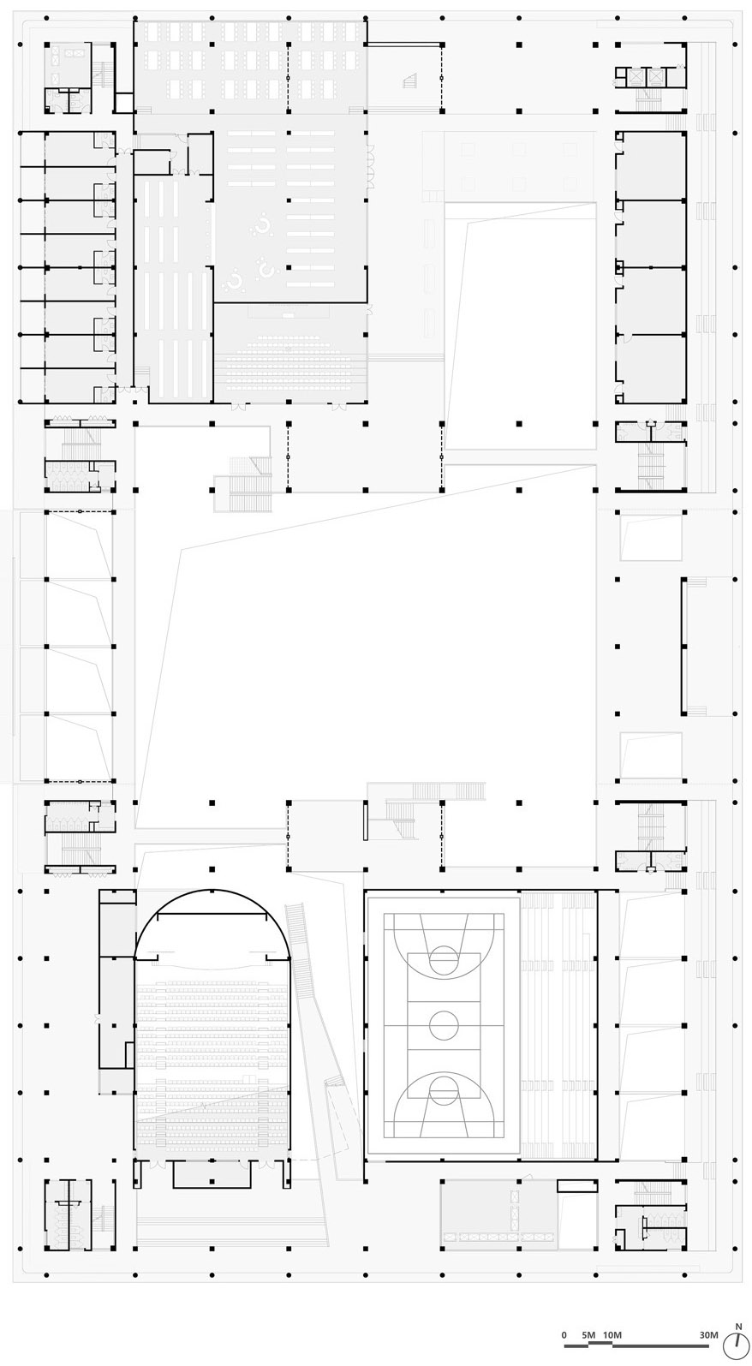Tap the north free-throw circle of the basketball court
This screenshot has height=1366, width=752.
(x=444, y=957)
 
